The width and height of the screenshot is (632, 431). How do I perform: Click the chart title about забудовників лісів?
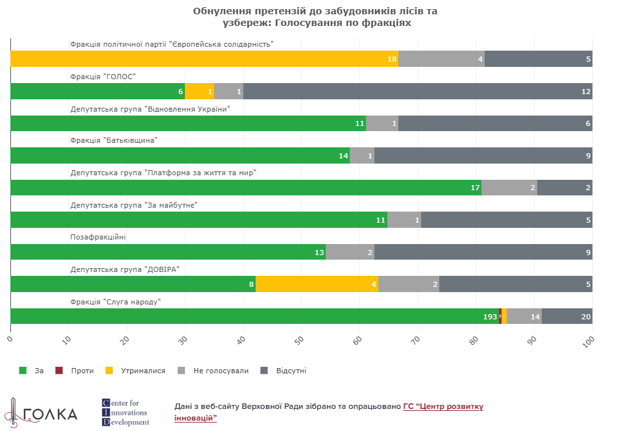316,17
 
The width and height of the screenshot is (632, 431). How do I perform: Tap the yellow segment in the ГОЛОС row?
199,92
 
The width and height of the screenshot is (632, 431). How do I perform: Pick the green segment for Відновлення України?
188,123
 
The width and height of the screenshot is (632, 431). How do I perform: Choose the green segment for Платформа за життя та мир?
246,188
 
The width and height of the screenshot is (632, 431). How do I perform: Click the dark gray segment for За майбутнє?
506,220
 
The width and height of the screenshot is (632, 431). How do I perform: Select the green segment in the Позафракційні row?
168,252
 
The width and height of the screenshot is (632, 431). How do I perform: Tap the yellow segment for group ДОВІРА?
317,284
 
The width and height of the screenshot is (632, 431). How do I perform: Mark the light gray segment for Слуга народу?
524,316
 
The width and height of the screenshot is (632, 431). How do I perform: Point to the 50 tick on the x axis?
300,339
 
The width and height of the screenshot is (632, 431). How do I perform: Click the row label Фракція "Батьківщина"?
114,140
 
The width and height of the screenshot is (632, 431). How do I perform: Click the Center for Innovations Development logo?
126,413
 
